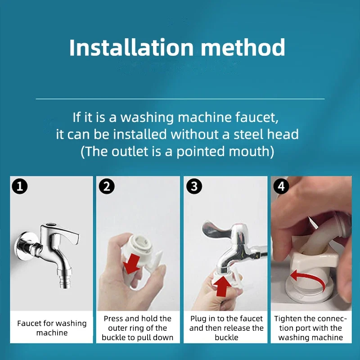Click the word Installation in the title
click(x=131, y=47)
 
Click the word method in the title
click(x=243, y=47)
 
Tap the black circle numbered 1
click(x=20, y=186)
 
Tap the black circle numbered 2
click(x=107, y=186)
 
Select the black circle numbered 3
click(x=194, y=186)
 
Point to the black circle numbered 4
click(x=281, y=186)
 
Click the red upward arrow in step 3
click(x=222, y=286)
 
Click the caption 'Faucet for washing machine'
click(x=52, y=328)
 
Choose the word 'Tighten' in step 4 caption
click(x=288, y=319)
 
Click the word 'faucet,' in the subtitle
click(x=256, y=117)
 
